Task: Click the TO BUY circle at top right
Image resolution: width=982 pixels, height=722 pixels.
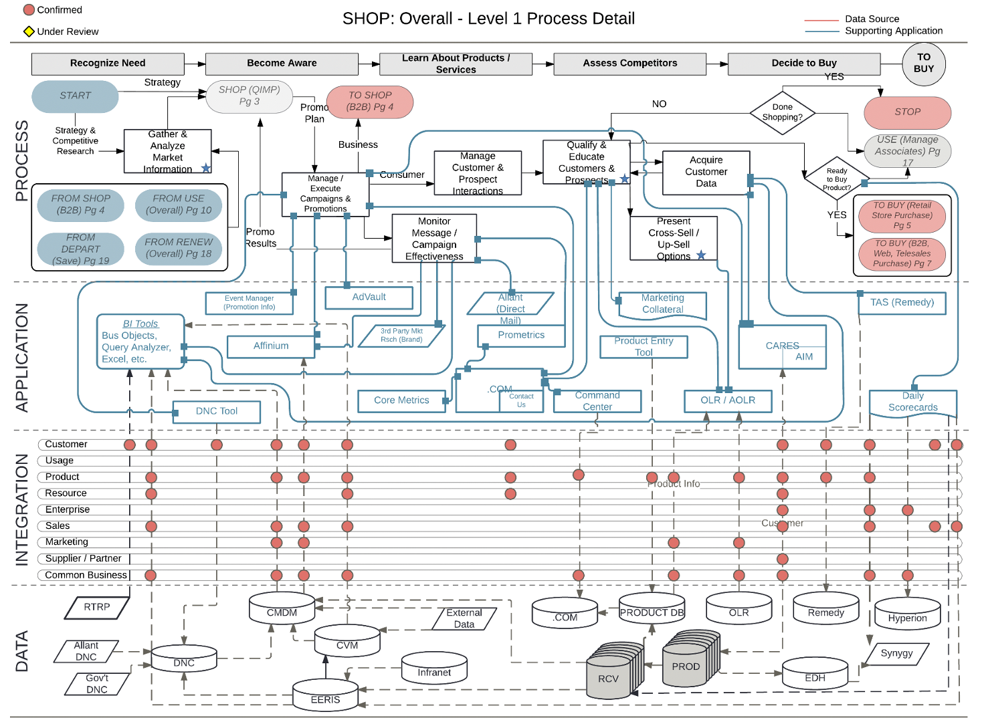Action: tap(923, 63)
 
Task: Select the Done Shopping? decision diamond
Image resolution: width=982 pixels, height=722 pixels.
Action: tap(782, 112)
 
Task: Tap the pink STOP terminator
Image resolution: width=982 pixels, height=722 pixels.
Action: tap(907, 112)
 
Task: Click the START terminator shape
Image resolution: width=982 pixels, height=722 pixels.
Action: tap(75, 96)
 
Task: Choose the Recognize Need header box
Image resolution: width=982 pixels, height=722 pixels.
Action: tap(108, 64)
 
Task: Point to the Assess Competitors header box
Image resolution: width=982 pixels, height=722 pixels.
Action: tap(629, 64)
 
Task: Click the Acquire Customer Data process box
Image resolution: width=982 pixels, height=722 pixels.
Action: tap(706, 172)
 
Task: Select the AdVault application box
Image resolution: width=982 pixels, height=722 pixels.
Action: tap(369, 297)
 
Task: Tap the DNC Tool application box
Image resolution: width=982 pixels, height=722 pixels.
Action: tap(216, 412)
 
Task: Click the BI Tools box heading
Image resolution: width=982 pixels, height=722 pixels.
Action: tap(140, 324)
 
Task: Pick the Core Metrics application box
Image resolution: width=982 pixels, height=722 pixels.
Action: tap(401, 400)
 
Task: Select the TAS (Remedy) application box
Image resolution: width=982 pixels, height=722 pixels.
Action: tap(902, 303)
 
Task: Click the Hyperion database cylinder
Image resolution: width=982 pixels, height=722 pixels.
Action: tap(907, 615)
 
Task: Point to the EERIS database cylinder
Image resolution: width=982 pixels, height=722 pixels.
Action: tap(325, 697)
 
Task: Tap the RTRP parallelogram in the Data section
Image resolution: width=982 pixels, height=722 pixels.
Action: tap(97, 607)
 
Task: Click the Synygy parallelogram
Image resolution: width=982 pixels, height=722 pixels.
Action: tap(896, 653)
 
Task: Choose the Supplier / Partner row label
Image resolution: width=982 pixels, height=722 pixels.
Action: tap(83, 558)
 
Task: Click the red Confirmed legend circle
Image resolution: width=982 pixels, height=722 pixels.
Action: tap(29, 10)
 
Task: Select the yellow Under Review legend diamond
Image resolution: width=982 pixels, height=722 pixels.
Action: tap(29, 31)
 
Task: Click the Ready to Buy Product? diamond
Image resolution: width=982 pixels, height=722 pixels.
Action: tap(836, 179)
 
